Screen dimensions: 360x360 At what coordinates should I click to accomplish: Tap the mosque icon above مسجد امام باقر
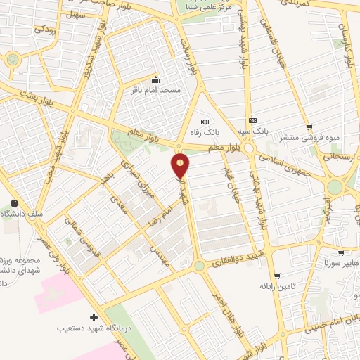click(155, 79)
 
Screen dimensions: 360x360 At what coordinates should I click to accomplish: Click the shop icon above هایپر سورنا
click(340, 253)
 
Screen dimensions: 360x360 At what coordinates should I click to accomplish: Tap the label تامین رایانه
click(275, 286)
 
